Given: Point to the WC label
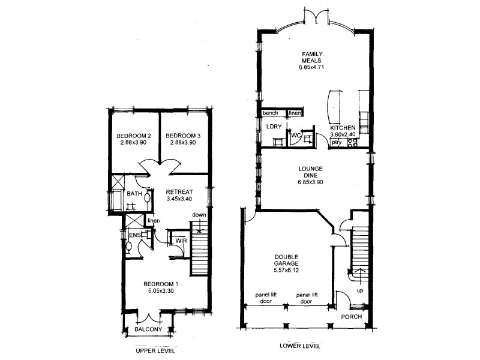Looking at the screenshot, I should (x=295, y=135).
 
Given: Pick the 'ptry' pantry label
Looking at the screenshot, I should (x=337, y=143).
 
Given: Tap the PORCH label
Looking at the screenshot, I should (x=352, y=316).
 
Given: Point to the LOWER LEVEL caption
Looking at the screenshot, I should (x=301, y=346).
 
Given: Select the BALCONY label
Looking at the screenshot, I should (x=148, y=329).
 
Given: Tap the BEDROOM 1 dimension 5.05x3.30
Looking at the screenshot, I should (x=160, y=291).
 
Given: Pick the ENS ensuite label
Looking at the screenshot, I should (x=134, y=235).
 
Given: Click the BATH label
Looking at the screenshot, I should (x=134, y=193).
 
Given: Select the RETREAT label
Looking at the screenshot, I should (x=179, y=191).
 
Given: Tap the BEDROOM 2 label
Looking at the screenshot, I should (x=133, y=136).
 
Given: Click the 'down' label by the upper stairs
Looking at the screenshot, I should (x=199, y=215).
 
